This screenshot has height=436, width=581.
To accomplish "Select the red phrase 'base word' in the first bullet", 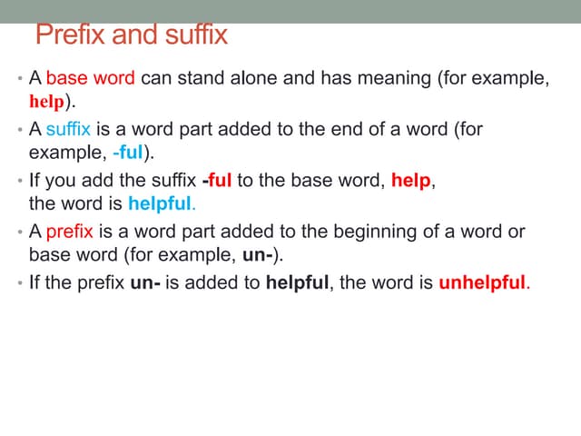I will point(91,78).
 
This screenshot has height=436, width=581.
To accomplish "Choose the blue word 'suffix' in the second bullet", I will point(68,129).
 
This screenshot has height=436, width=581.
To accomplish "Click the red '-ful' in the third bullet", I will point(217,180).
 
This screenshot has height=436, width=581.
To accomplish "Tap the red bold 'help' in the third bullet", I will point(411,180).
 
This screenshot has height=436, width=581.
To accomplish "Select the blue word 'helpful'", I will point(161,202).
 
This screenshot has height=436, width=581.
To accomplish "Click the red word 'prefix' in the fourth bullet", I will point(69,232).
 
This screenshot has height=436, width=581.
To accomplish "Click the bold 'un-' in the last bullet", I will point(145,282).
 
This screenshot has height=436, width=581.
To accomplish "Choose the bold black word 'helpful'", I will point(297,282).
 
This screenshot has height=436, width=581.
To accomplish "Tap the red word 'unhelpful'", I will point(481,282).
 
